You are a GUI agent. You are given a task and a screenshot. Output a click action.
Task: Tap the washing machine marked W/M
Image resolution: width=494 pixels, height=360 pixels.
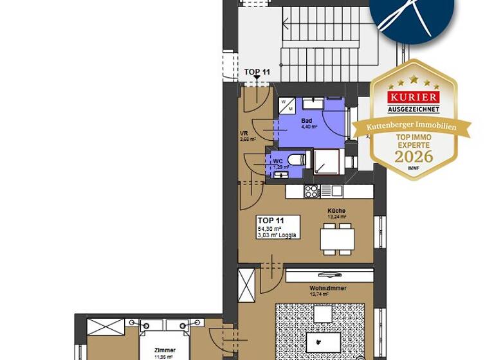coord(286,105)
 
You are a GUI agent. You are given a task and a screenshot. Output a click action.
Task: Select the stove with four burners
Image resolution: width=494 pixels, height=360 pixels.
coord(311,190)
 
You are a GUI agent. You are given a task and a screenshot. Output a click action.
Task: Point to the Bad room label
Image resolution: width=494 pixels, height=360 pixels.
coord(307,120)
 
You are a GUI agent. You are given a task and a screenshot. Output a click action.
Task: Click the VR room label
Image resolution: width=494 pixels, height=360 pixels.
coord(244,134)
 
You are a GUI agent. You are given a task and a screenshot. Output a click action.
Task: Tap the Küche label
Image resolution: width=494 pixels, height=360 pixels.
coord(336,211)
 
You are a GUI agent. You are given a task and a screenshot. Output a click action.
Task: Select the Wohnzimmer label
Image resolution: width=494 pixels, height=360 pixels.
coord(327,288)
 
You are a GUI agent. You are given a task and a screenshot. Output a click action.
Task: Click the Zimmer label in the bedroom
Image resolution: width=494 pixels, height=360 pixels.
coord(165,350)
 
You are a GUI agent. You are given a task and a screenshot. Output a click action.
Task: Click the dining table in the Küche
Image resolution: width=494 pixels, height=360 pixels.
coord(336,239)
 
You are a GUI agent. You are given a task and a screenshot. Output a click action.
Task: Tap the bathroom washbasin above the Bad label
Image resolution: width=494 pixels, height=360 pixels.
coord(313,103)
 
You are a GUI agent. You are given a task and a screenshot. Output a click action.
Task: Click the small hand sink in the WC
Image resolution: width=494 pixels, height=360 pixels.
coord(280,174)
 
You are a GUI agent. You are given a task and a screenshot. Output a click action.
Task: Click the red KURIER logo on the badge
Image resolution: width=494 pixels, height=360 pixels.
coord(414,97)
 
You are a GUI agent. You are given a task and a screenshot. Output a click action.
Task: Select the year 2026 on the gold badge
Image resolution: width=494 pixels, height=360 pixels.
coord(414,156)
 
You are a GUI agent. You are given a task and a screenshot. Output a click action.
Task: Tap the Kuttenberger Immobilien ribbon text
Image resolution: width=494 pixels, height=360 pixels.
coord(412,127)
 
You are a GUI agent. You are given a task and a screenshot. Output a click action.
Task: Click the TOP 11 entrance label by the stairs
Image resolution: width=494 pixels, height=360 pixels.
coord(257,72)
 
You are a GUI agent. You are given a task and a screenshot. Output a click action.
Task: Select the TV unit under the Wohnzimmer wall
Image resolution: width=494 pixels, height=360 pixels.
coord(329,276)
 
